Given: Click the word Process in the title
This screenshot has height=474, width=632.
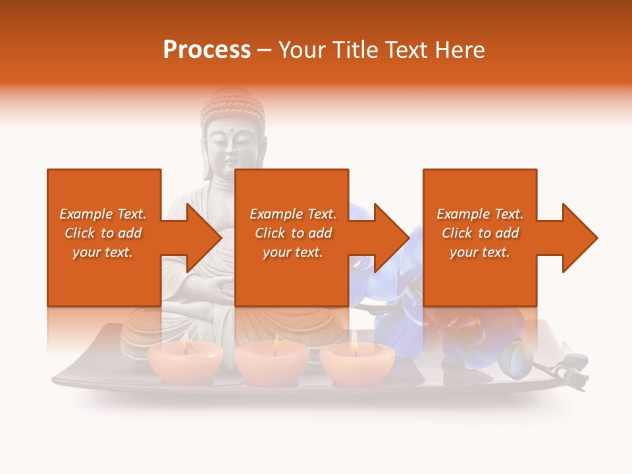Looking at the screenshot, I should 207,50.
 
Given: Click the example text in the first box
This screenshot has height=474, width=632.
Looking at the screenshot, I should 103,233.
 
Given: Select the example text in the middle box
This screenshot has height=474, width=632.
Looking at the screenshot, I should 292,233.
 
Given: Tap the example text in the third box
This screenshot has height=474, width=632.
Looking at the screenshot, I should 479,233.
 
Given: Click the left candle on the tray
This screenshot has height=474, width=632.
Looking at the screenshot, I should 185,363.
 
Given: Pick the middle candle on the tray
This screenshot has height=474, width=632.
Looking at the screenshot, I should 271,363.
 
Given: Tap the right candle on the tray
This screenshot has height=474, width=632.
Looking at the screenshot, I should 357,363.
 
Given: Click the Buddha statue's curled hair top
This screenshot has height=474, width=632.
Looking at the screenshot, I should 232,105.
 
